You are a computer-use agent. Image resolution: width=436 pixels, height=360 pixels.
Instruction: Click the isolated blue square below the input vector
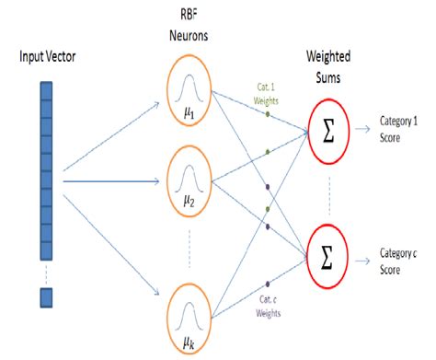[46, 296]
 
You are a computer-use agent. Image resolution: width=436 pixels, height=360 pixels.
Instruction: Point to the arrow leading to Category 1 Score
[364, 122]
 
